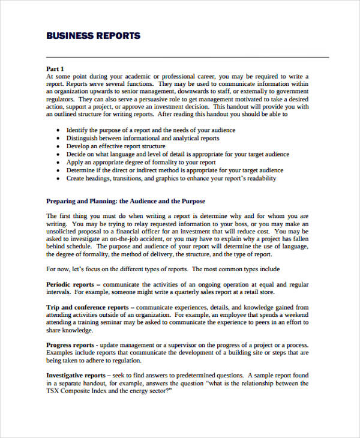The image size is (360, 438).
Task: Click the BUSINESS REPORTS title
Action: (x=93, y=35)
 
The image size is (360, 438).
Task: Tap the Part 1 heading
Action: (x=55, y=68)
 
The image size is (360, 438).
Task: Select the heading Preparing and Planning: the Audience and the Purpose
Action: (x=125, y=201)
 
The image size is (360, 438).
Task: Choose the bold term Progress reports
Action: (x=70, y=345)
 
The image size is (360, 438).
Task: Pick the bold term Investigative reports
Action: (x=76, y=375)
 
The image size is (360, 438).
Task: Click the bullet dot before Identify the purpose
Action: (x=57, y=130)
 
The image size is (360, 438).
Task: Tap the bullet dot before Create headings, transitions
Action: (x=57, y=178)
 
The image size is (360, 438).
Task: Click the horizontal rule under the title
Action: (x=187, y=58)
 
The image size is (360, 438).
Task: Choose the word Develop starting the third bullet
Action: (x=78, y=146)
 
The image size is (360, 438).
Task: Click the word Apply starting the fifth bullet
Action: (x=74, y=162)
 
